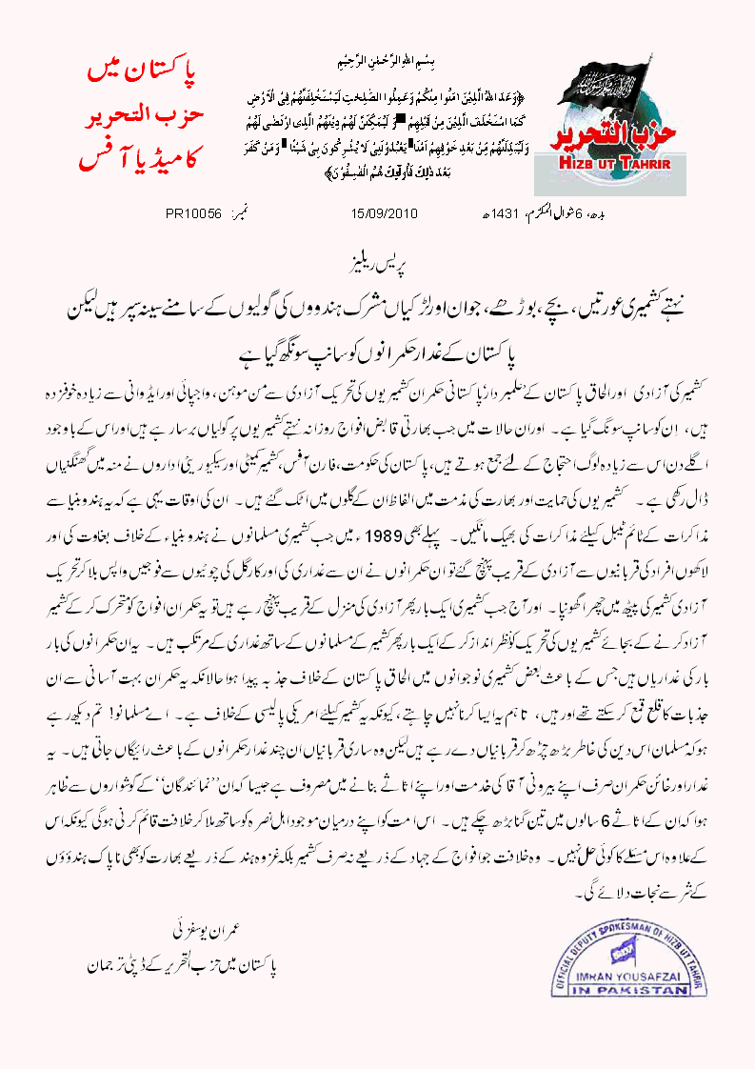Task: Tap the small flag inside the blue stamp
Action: click(620, 945)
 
